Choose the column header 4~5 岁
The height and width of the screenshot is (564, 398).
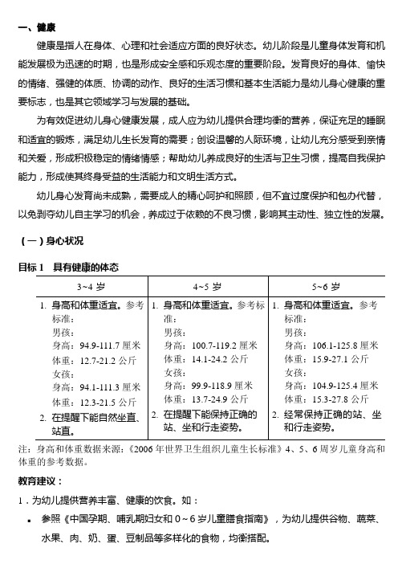[x=208, y=286]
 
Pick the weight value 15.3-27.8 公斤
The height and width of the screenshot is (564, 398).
[x=325, y=399]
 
